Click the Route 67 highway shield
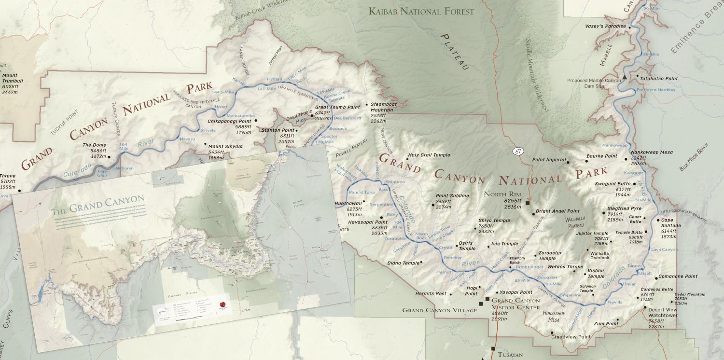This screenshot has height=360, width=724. point(518,152)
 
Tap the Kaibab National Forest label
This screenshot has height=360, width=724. point(421,11)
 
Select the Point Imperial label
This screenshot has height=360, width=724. point(548,160)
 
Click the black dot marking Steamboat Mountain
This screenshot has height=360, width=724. point(367,105)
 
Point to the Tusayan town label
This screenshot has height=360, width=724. point(510,355)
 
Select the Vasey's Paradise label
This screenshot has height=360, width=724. point(605,26)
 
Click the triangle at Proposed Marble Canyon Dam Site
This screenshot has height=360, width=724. point(625,77)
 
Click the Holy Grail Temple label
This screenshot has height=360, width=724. point(429,155)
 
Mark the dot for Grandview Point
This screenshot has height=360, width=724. point(552,332)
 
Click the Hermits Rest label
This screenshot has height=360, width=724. point(431,293)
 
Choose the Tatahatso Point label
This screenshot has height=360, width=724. point(660,78)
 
